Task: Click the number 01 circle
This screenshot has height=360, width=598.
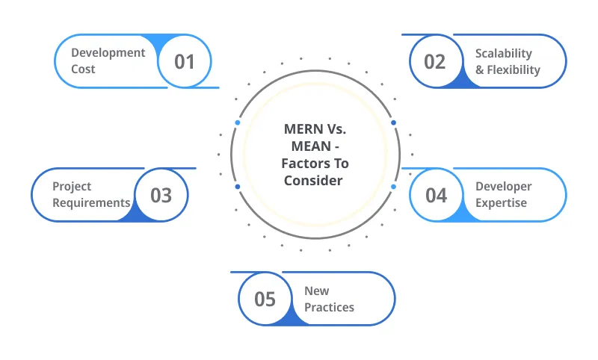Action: pos(184,61)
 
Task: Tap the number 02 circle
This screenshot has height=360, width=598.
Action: pos(434,61)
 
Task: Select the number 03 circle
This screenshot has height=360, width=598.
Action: pos(161,195)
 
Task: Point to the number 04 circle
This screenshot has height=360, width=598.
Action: pos(436,195)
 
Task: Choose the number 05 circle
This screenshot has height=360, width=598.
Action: pos(265,299)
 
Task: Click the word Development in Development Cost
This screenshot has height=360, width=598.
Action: pos(108,53)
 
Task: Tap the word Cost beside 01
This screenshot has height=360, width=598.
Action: pos(83,69)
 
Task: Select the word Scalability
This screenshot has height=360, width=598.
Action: pos(504,54)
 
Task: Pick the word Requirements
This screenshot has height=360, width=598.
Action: pos(91,202)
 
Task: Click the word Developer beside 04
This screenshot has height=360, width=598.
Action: pos(504,186)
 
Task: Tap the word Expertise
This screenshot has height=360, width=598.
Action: pos(501,202)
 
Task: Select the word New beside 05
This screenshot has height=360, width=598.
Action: pos(316,291)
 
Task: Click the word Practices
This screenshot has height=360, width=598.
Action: pos(329,307)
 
